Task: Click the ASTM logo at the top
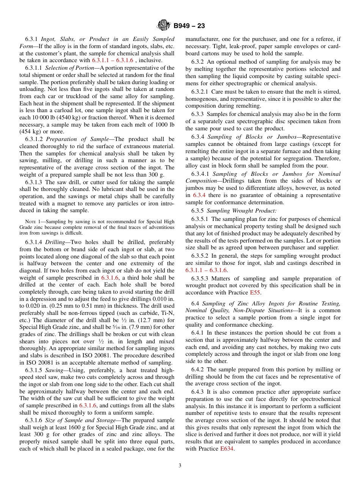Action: click(x=164, y=26)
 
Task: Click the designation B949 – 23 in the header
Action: click(x=189, y=26)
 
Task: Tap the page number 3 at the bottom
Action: click(x=180, y=466)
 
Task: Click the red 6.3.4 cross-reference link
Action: click(x=199, y=195)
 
